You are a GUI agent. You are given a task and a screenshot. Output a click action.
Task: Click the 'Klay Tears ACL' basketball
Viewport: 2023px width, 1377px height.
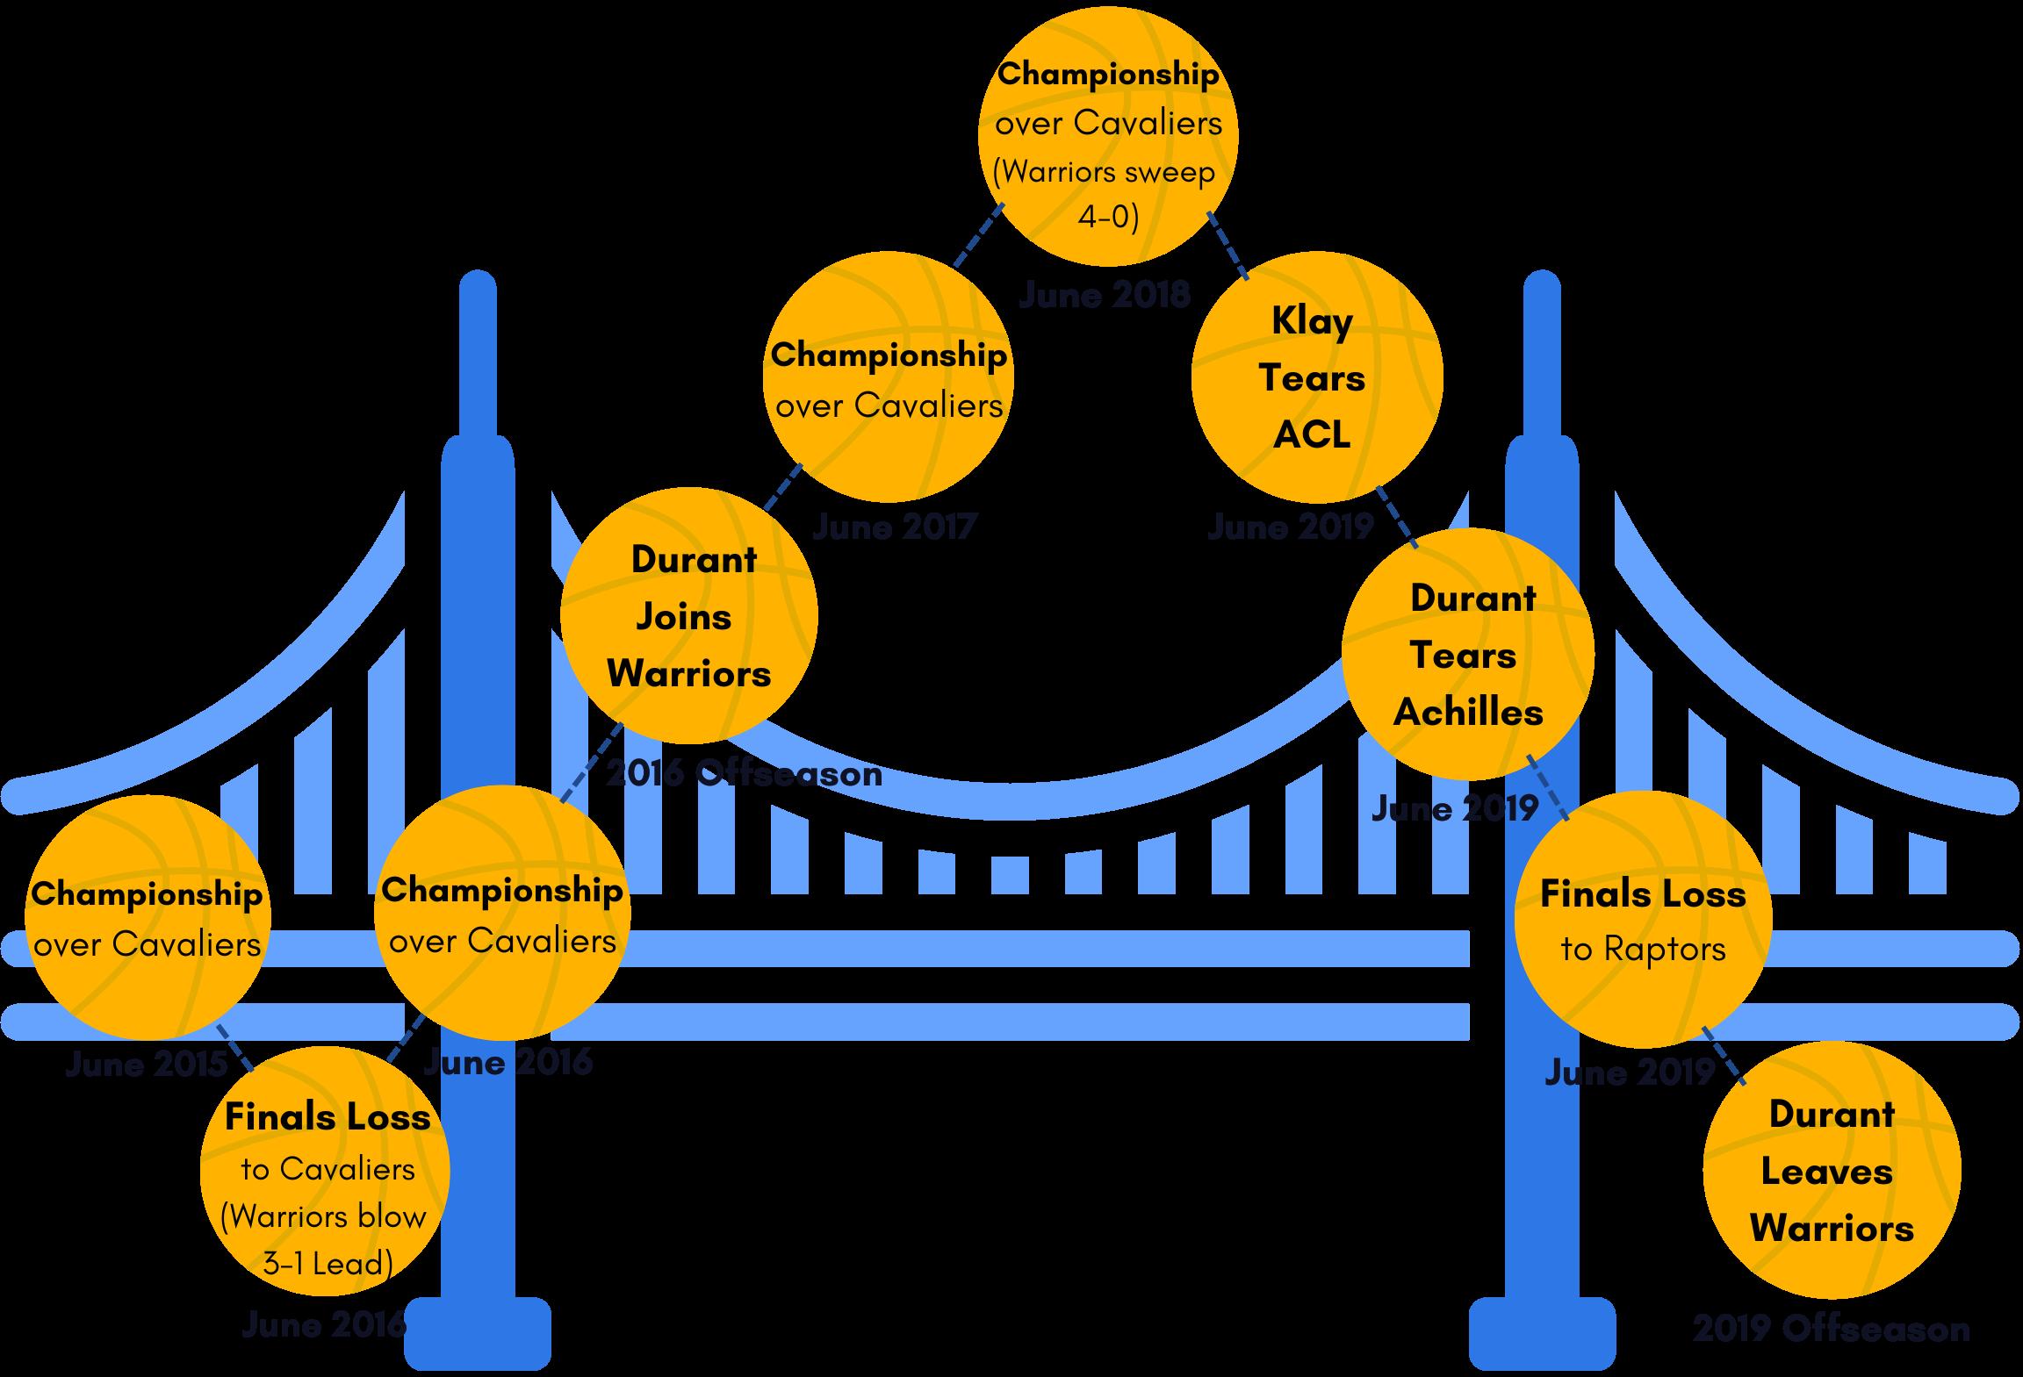point(1316,377)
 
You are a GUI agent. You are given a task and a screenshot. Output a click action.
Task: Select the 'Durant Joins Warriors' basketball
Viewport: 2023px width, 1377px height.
point(689,617)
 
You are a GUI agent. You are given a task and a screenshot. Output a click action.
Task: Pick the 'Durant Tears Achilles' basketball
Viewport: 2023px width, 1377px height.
point(1468,654)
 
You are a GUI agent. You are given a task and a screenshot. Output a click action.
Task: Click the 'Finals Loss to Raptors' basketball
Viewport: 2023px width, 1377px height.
point(1643,920)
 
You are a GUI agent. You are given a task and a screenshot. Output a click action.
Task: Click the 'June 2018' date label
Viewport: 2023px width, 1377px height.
point(1105,296)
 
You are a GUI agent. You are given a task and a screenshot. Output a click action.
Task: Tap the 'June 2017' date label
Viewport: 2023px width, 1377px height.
point(894,527)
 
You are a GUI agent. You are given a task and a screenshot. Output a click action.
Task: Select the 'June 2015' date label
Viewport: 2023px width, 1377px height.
point(146,1065)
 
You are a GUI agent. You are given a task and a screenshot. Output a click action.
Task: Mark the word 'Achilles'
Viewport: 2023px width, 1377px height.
point(1468,712)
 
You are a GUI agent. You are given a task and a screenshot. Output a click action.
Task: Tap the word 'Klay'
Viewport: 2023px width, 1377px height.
point(1313,321)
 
